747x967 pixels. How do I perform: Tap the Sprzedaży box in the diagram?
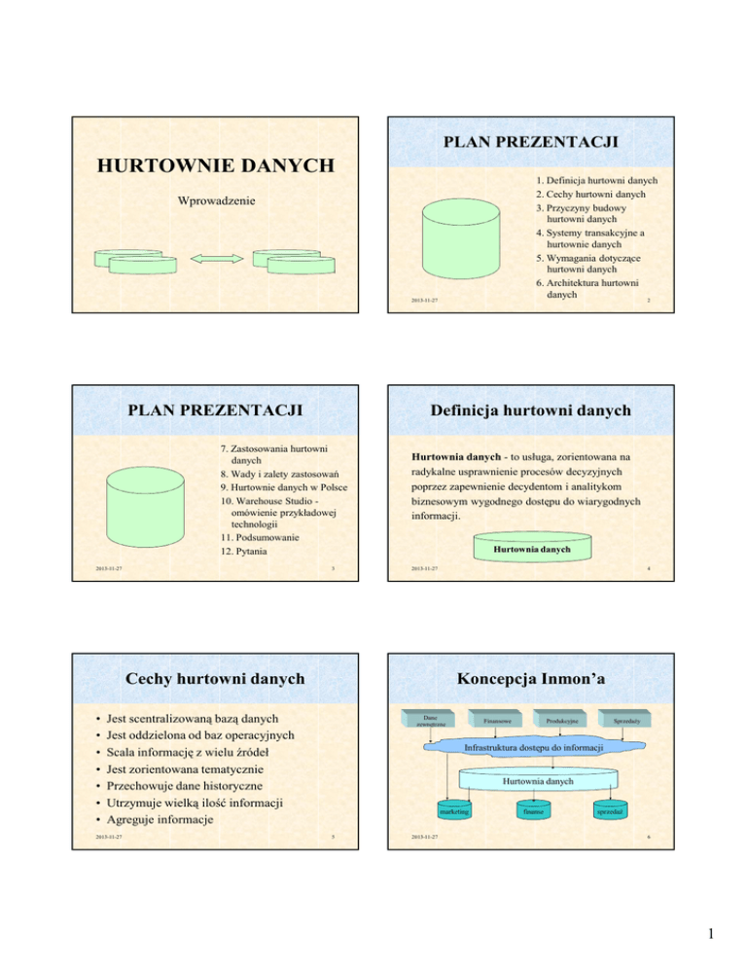click(624, 721)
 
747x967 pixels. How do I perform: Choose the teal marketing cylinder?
click(452, 809)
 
